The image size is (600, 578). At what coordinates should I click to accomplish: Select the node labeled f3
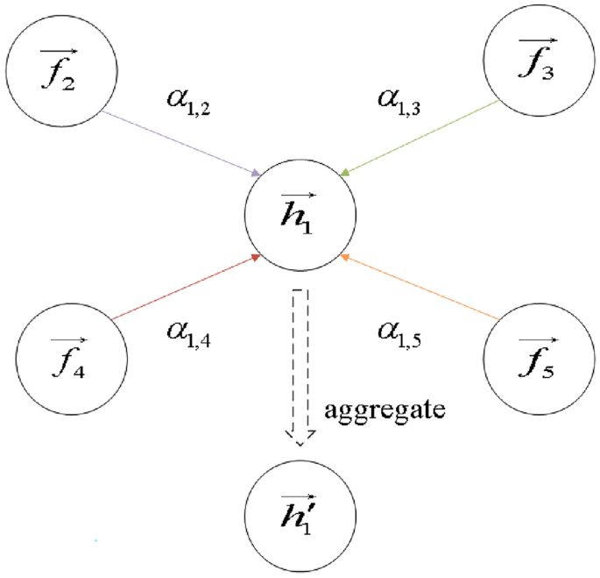536,66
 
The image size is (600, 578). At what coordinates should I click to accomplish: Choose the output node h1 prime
300,517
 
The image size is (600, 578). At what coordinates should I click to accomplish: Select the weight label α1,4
187,332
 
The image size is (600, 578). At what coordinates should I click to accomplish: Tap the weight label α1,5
400,332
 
